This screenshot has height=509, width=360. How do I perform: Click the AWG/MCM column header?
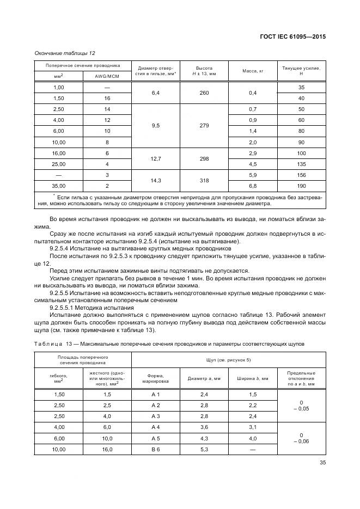107,76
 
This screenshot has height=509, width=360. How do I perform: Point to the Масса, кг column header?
252,71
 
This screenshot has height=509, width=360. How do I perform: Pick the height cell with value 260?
203,93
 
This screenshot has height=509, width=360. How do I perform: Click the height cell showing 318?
203,180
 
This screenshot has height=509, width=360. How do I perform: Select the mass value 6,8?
252,186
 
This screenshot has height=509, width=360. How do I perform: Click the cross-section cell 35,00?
58,186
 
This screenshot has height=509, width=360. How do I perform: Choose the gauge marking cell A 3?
155,415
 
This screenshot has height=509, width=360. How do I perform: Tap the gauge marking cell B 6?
155,449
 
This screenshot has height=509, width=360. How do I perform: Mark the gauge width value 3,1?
252,427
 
